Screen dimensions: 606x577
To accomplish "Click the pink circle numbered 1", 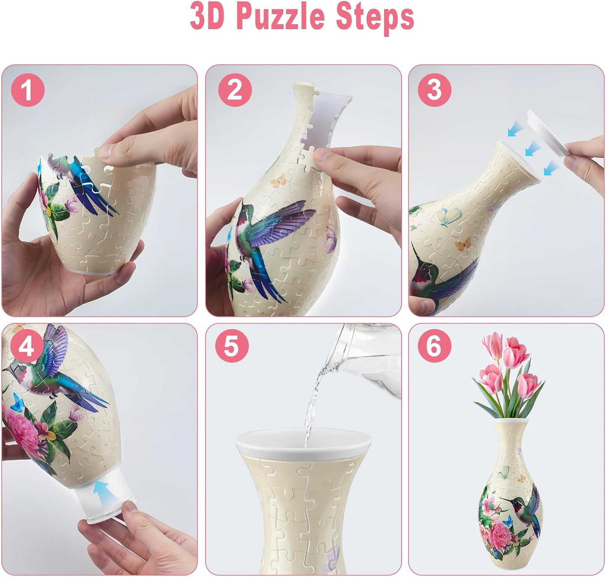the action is click(28, 90).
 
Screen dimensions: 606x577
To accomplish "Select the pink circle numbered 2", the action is click(235, 90).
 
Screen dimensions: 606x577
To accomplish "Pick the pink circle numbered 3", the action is click(434, 90).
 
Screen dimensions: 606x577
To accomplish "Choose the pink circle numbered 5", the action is click(232, 346).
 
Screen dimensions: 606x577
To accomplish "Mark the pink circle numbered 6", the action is click(434, 346).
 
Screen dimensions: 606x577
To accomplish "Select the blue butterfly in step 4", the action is click(17, 402).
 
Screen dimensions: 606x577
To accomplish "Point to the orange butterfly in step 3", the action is click(463, 244).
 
